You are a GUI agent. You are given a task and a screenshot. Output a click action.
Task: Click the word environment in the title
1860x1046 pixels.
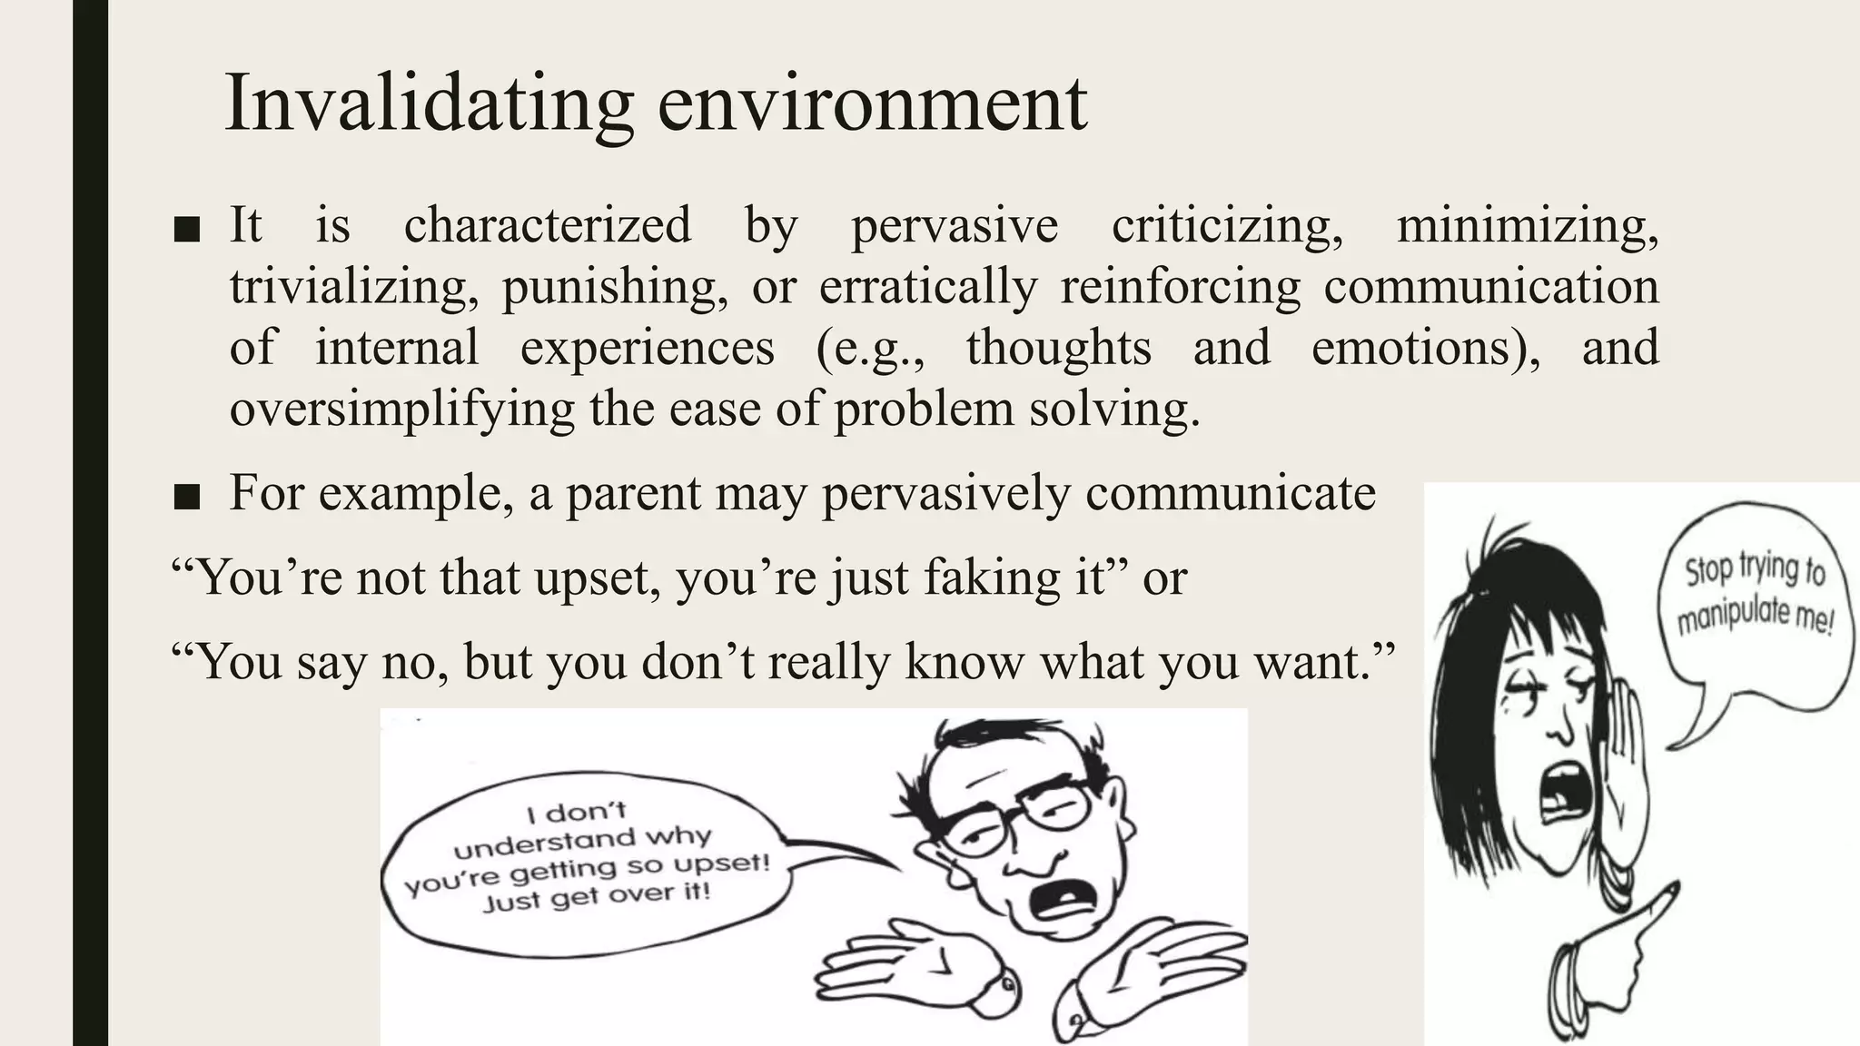pyautogui.click(x=872, y=104)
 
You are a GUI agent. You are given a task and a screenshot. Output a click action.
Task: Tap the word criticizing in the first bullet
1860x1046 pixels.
pyautogui.click(x=1227, y=225)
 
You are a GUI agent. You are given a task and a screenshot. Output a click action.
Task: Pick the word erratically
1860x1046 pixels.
pyautogui.click(x=927, y=287)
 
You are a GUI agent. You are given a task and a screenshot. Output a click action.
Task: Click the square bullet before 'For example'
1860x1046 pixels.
pyautogui.click(x=186, y=496)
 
